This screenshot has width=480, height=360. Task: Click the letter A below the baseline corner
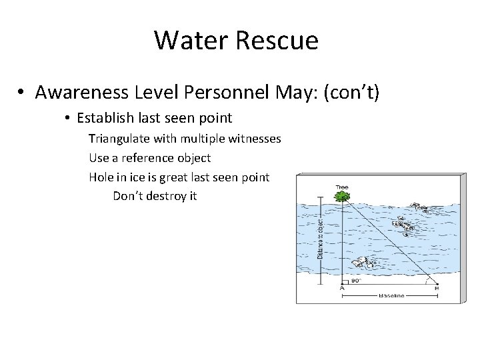343,289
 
